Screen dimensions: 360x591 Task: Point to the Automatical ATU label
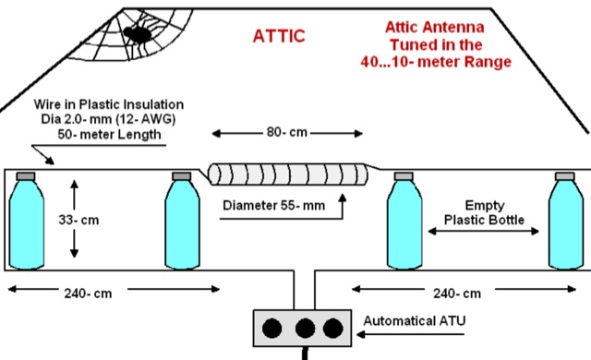[416, 321]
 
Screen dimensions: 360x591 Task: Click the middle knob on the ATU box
[303, 329]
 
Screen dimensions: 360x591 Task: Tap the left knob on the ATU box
[273, 329]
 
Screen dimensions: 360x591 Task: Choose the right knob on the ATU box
[332, 329]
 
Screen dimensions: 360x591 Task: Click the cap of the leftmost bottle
[24, 175]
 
